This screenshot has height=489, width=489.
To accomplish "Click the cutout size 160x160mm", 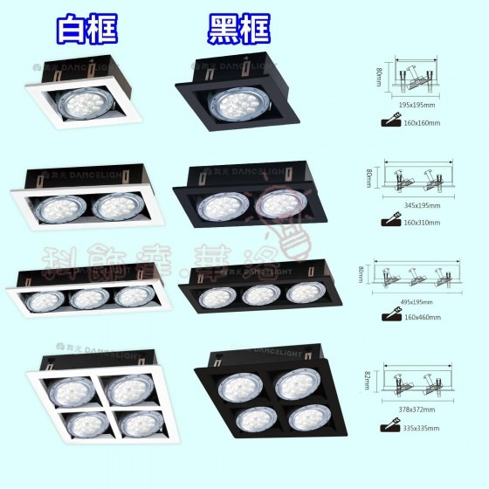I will [x=422, y=123].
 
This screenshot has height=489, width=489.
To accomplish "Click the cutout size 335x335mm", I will [x=421, y=429].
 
